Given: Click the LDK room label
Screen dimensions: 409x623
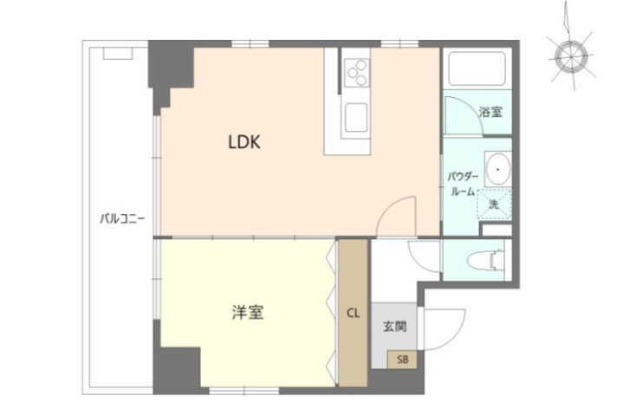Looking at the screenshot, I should (x=244, y=142).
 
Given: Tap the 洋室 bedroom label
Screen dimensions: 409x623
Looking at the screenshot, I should (x=247, y=312).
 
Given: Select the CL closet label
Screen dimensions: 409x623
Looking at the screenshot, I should (x=353, y=313).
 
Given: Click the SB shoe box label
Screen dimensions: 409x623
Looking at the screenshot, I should (x=402, y=359).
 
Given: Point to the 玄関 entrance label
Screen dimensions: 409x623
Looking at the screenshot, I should (x=395, y=328).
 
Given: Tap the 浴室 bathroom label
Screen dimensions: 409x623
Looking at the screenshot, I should (x=491, y=112).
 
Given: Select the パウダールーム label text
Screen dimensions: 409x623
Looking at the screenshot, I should (x=461, y=184).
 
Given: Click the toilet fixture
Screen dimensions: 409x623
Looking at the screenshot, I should (x=484, y=259).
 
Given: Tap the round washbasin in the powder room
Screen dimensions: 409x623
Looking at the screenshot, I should (x=496, y=167).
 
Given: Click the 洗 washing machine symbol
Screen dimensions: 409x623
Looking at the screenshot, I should (x=494, y=204).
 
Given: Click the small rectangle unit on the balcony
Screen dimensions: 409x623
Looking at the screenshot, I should (x=117, y=53).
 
